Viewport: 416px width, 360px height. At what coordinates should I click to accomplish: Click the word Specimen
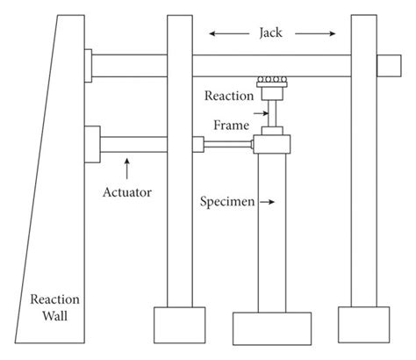point(227,202)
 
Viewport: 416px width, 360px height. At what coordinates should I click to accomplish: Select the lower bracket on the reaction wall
point(92,144)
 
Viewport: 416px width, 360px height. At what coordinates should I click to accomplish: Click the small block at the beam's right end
point(386,65)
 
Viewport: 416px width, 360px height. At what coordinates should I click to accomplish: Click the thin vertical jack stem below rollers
point(272,113)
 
